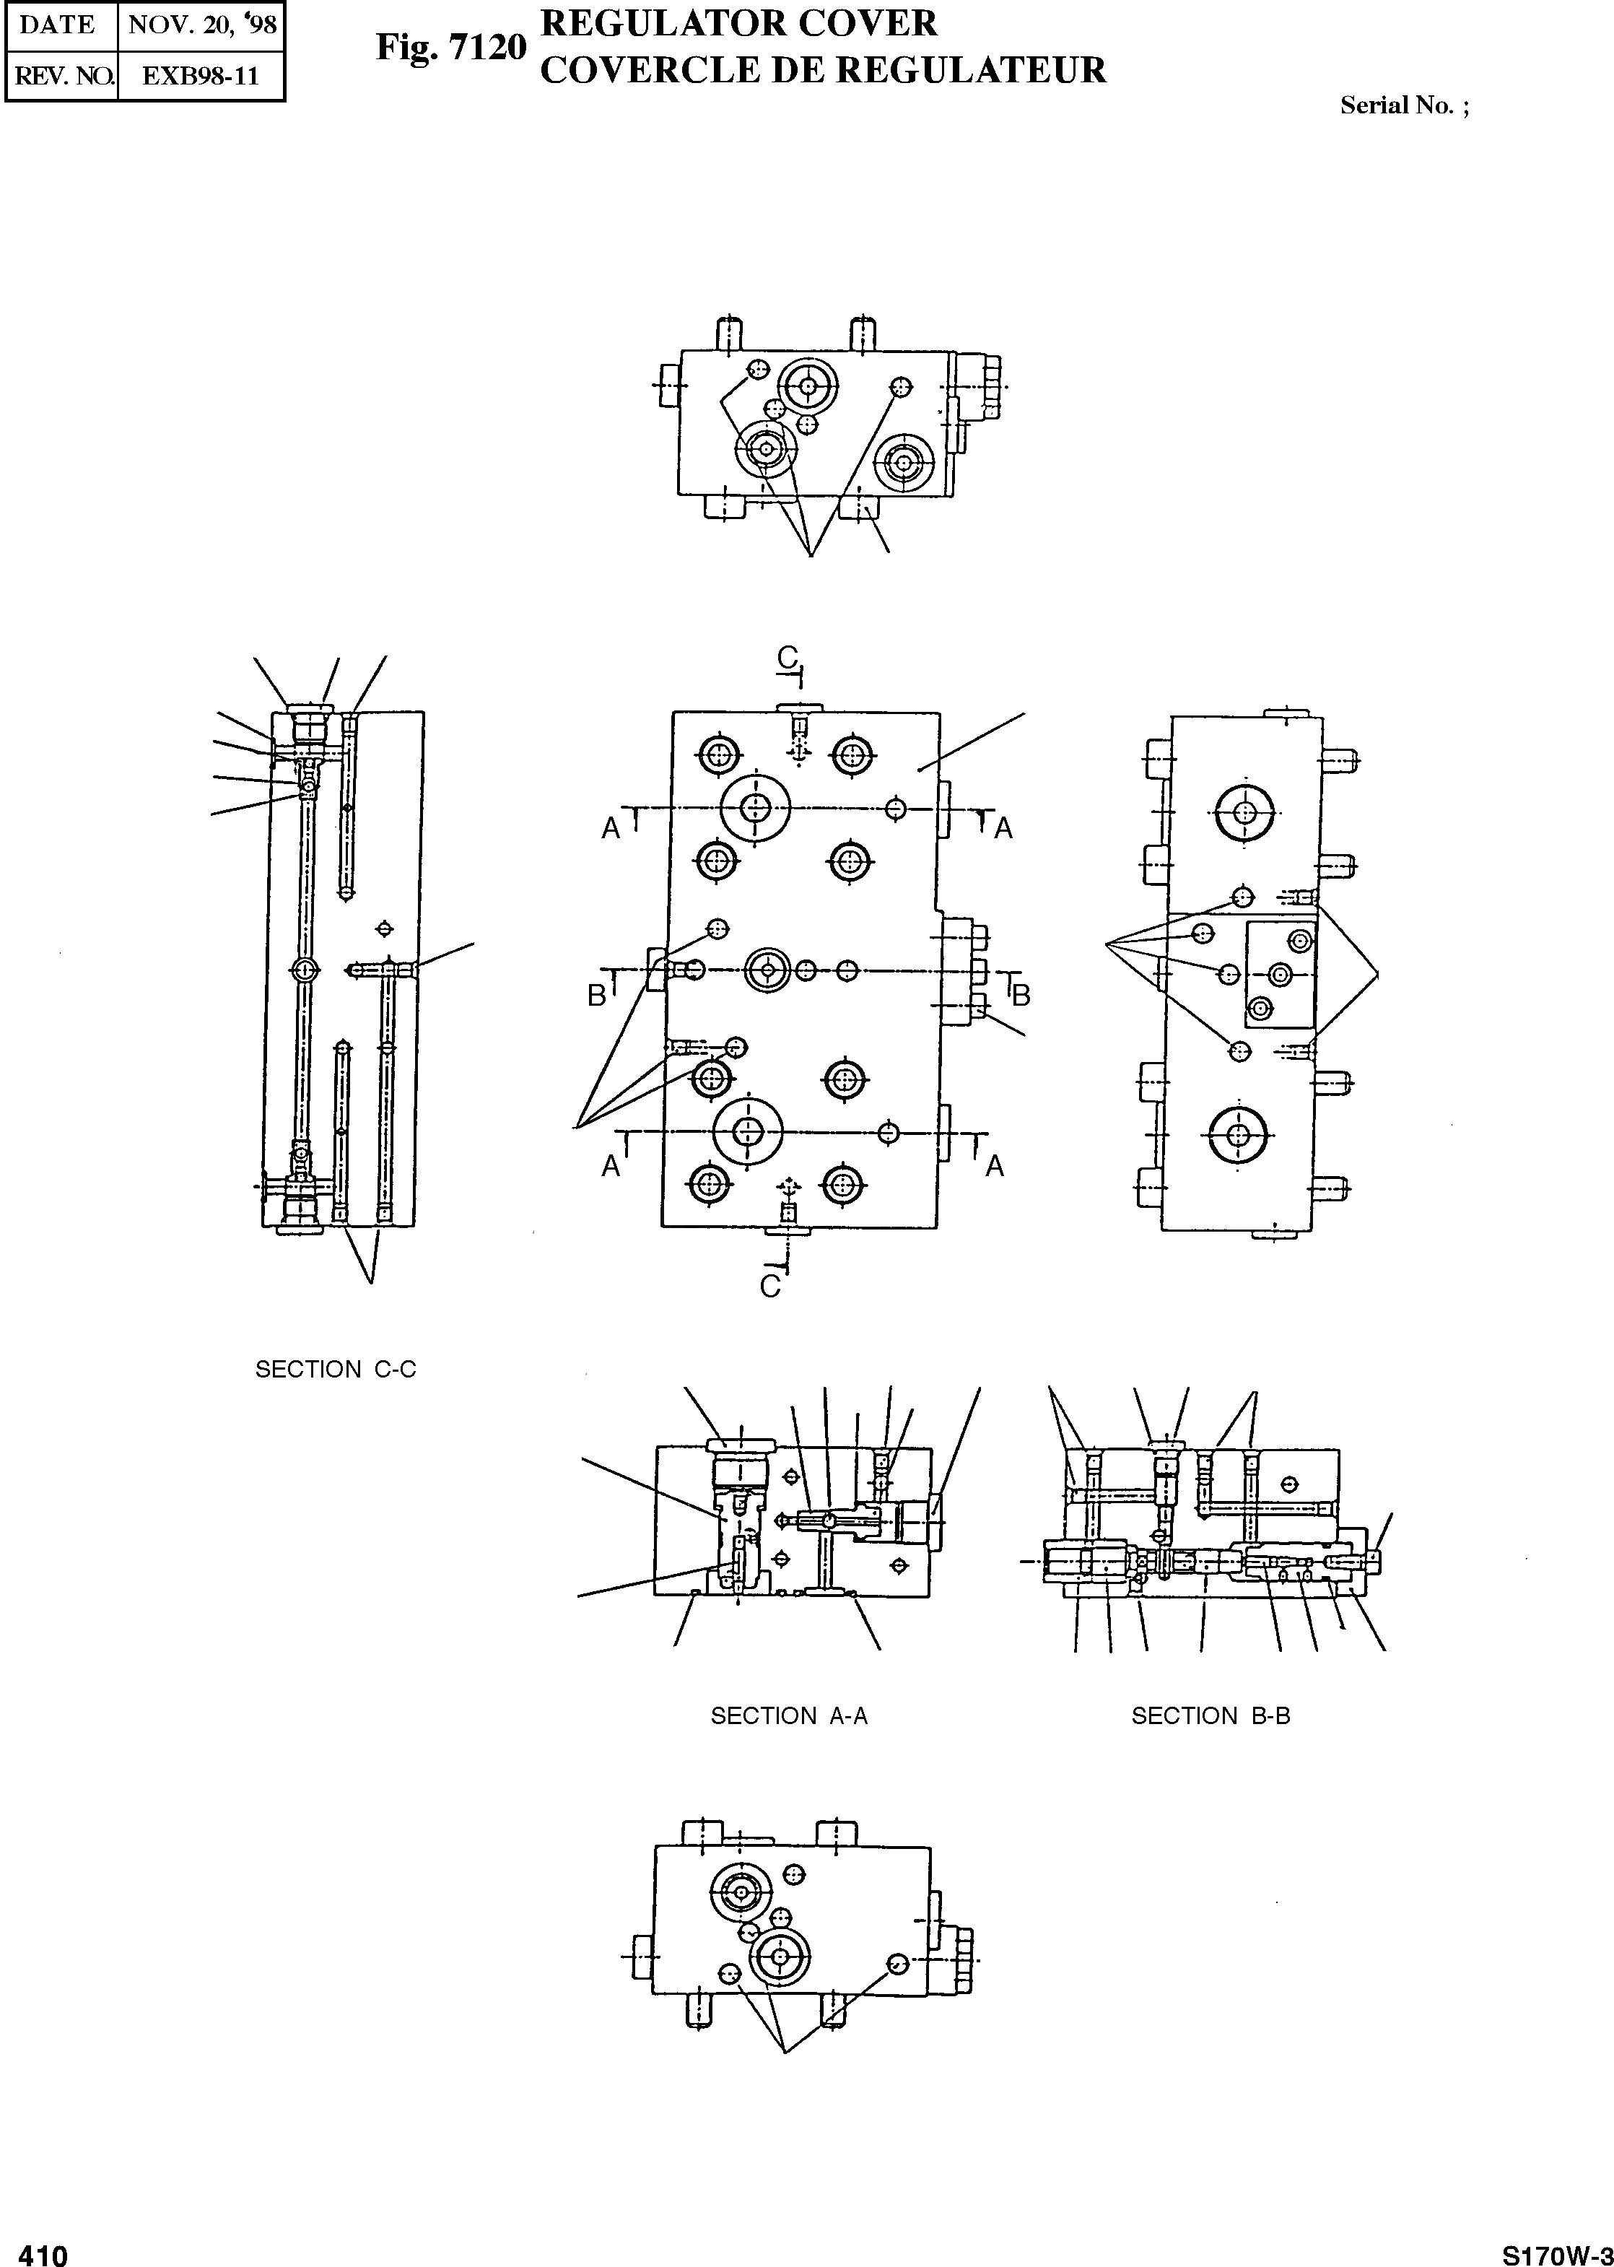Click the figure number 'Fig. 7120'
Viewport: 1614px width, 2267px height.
[x=450, y=47]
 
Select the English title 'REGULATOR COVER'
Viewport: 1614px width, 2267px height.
[x=738, y=23]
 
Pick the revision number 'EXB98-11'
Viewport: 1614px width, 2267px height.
[x=200, y=77]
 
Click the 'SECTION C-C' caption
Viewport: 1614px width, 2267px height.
[x=335, y=1370]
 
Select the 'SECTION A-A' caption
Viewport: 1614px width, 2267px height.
[x=789, y=1716]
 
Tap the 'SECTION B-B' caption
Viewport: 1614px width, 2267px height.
[x=1210, y=1716]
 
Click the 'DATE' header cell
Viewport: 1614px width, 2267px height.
[x=58, y=25]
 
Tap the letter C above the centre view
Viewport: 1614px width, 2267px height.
[x=787, y=657]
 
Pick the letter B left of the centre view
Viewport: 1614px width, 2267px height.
[x=596, y=995]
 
